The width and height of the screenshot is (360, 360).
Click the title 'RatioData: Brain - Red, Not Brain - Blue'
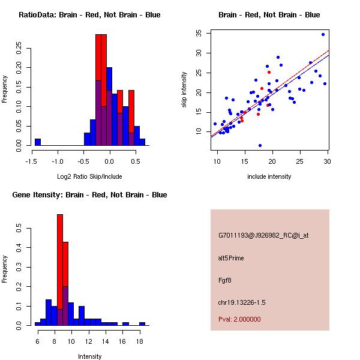click(x=89, y=15)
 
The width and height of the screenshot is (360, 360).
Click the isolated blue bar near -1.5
click(x=37, y=142)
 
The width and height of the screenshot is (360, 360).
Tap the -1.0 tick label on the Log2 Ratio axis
click(x=58, y=161)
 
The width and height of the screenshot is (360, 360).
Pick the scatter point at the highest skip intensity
click(x=323, y=34)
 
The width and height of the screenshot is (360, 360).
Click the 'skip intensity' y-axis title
click(x=184, y=90)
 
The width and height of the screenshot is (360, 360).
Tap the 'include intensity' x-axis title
click(x=269, y=176)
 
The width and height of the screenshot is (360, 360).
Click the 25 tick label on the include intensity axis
click(x=300, y=161)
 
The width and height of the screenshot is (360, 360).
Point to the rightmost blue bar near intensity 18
click(x=142, y=323)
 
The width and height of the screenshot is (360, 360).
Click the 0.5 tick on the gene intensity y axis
click(x=19, y=229)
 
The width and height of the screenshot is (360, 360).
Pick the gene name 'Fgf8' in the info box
click(x=225, y=280)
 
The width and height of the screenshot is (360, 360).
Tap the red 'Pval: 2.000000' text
click(x=239, y=319)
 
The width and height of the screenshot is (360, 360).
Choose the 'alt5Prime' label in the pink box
click(x=231, y=258)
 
